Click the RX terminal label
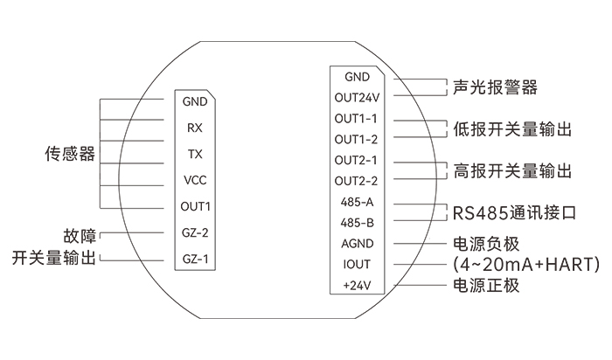(x=195, y=128)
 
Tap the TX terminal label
(x=195, y=154)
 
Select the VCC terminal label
(x=195, y=180)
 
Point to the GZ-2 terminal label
(x=195, y=232)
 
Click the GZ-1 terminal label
(x=195, y=259)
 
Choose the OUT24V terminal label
(x=357, y=98)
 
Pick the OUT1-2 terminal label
(x=356, y=139)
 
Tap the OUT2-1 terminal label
(x=356, y=160)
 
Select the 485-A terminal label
(x=357, y=202)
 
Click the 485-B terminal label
(x=357, y=223)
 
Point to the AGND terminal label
(x=357, y=244)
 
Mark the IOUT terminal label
(x=357, y=265)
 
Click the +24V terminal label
(x=357, y=286)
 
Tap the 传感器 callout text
(x=70, y=154)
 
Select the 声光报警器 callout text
(x=495, y=87)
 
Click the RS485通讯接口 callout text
(x=514, y=213)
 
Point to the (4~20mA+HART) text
(x=526, y=265)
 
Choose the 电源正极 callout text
(x=486, y=286)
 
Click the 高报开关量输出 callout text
(x=512, y=171)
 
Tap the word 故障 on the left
(x=80, y=236)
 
